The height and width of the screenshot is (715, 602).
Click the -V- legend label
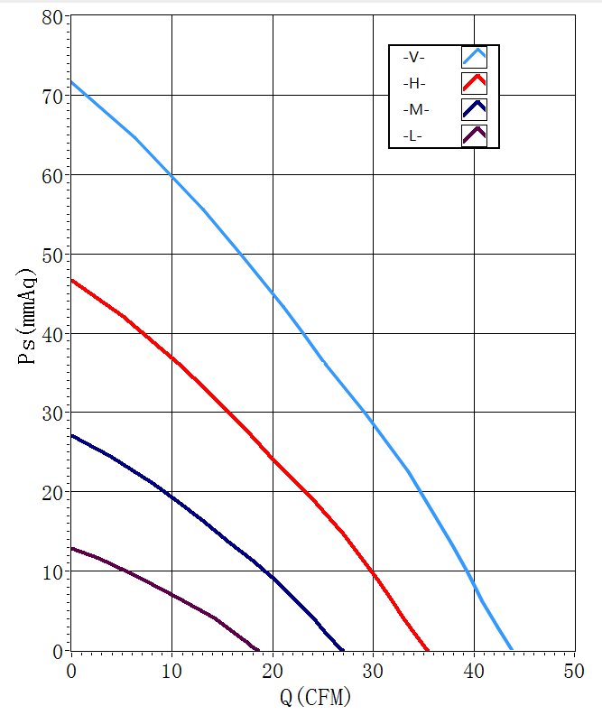point(413,58)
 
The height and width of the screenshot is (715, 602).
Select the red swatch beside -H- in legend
point(474,83)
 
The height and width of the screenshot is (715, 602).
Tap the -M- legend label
point(415,110)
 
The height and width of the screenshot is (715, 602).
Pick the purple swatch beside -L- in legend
point(474,135)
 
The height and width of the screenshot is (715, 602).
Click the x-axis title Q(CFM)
point(315,697)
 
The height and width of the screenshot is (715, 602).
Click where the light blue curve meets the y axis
point(71,81)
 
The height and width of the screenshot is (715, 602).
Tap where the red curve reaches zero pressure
point(428,649)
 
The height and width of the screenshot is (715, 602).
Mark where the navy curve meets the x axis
point(343,649)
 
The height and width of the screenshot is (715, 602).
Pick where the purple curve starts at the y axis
point(71,547)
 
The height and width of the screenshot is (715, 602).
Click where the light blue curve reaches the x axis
point(512,649)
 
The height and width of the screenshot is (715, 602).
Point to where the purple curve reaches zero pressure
point(259,649)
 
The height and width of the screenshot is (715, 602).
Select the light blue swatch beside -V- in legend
point(474,57)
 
